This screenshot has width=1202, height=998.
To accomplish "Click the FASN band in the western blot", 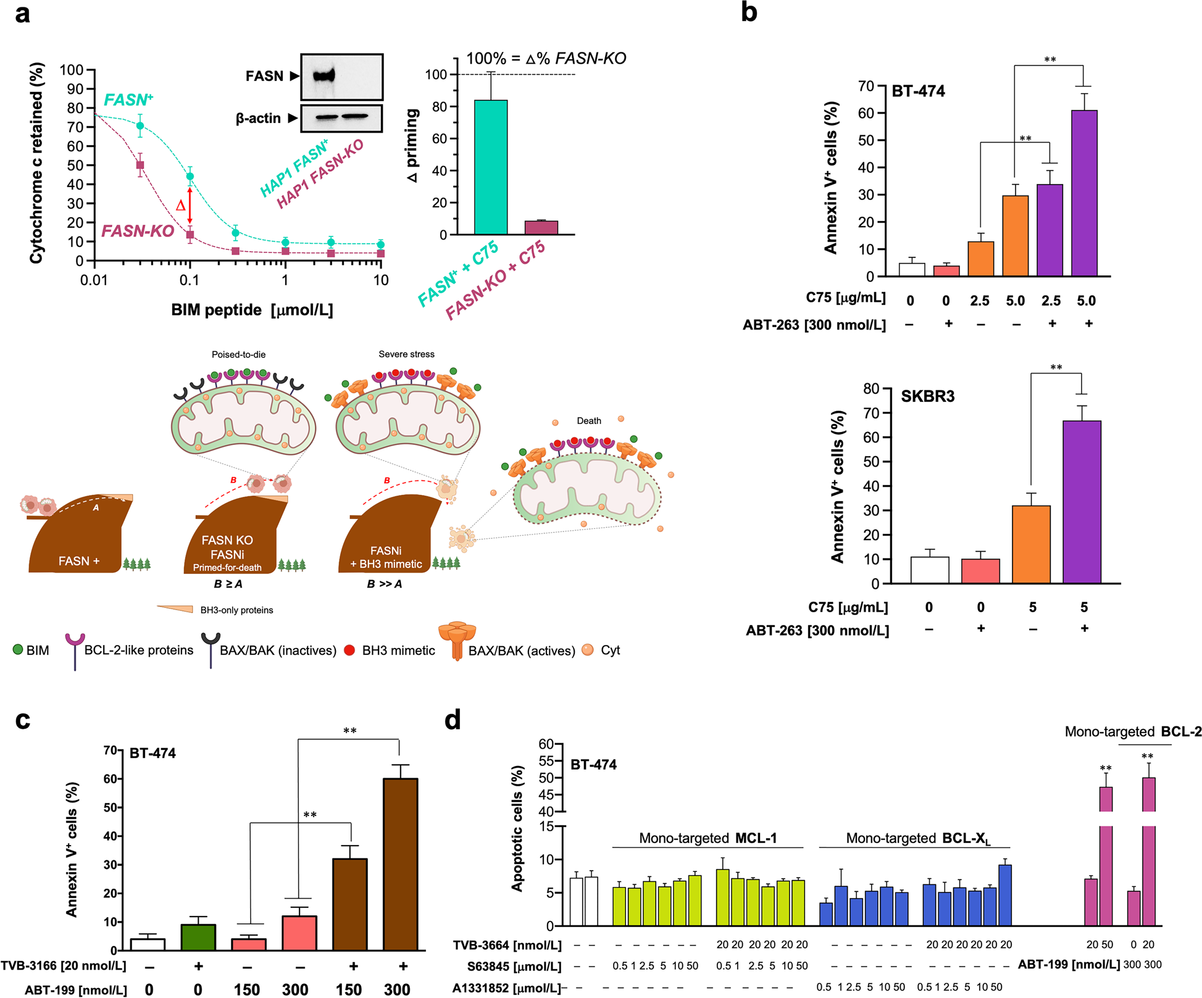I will pos(323,75).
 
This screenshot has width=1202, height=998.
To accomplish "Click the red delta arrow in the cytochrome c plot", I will pos(190,206).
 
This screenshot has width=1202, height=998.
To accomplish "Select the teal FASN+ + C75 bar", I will pos(491,167).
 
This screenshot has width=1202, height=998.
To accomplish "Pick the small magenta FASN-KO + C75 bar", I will pos(541,227).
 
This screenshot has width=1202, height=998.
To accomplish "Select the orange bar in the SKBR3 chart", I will pos(1031,544).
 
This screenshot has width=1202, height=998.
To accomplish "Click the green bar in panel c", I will pos(198,937).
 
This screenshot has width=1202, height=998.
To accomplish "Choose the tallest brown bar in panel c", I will pos(400,863).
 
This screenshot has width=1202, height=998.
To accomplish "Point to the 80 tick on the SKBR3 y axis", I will pos(871,388).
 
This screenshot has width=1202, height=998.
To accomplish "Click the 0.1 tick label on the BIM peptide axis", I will pos(190,280).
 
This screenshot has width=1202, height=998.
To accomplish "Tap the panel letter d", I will pos(453,720).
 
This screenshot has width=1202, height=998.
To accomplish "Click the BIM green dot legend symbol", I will pos(18,649).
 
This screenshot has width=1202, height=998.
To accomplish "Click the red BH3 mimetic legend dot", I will pos(349,650).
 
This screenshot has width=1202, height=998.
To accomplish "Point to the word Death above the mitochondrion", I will pos(588,421).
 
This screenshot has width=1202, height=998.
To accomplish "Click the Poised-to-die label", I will pos(238,354).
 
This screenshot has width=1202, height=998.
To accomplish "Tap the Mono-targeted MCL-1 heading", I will pos(707,838).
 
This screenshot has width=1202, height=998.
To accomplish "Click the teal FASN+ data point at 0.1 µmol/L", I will pos(190,177).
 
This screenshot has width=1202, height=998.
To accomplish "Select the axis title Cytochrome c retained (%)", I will pos(37,163).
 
